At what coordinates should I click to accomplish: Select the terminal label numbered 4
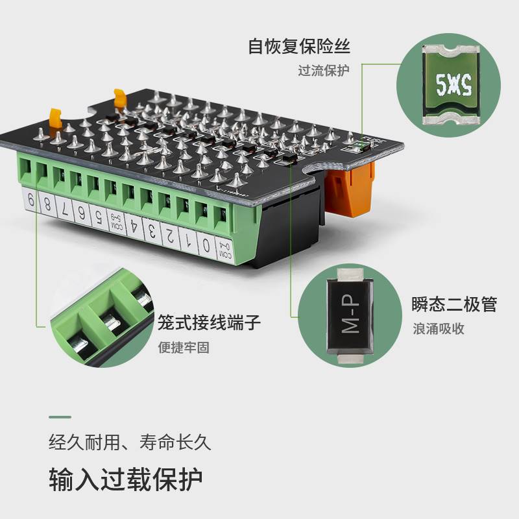134,226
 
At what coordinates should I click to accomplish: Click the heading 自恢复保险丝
303,47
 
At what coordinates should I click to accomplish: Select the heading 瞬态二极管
454,304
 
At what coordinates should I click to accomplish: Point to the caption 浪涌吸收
439,328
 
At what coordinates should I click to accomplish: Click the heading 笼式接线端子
210,322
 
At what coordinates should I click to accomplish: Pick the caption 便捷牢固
184,347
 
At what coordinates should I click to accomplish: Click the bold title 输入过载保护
126,479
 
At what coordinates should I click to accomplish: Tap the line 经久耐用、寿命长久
130,444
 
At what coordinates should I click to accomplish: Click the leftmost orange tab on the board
54,119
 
